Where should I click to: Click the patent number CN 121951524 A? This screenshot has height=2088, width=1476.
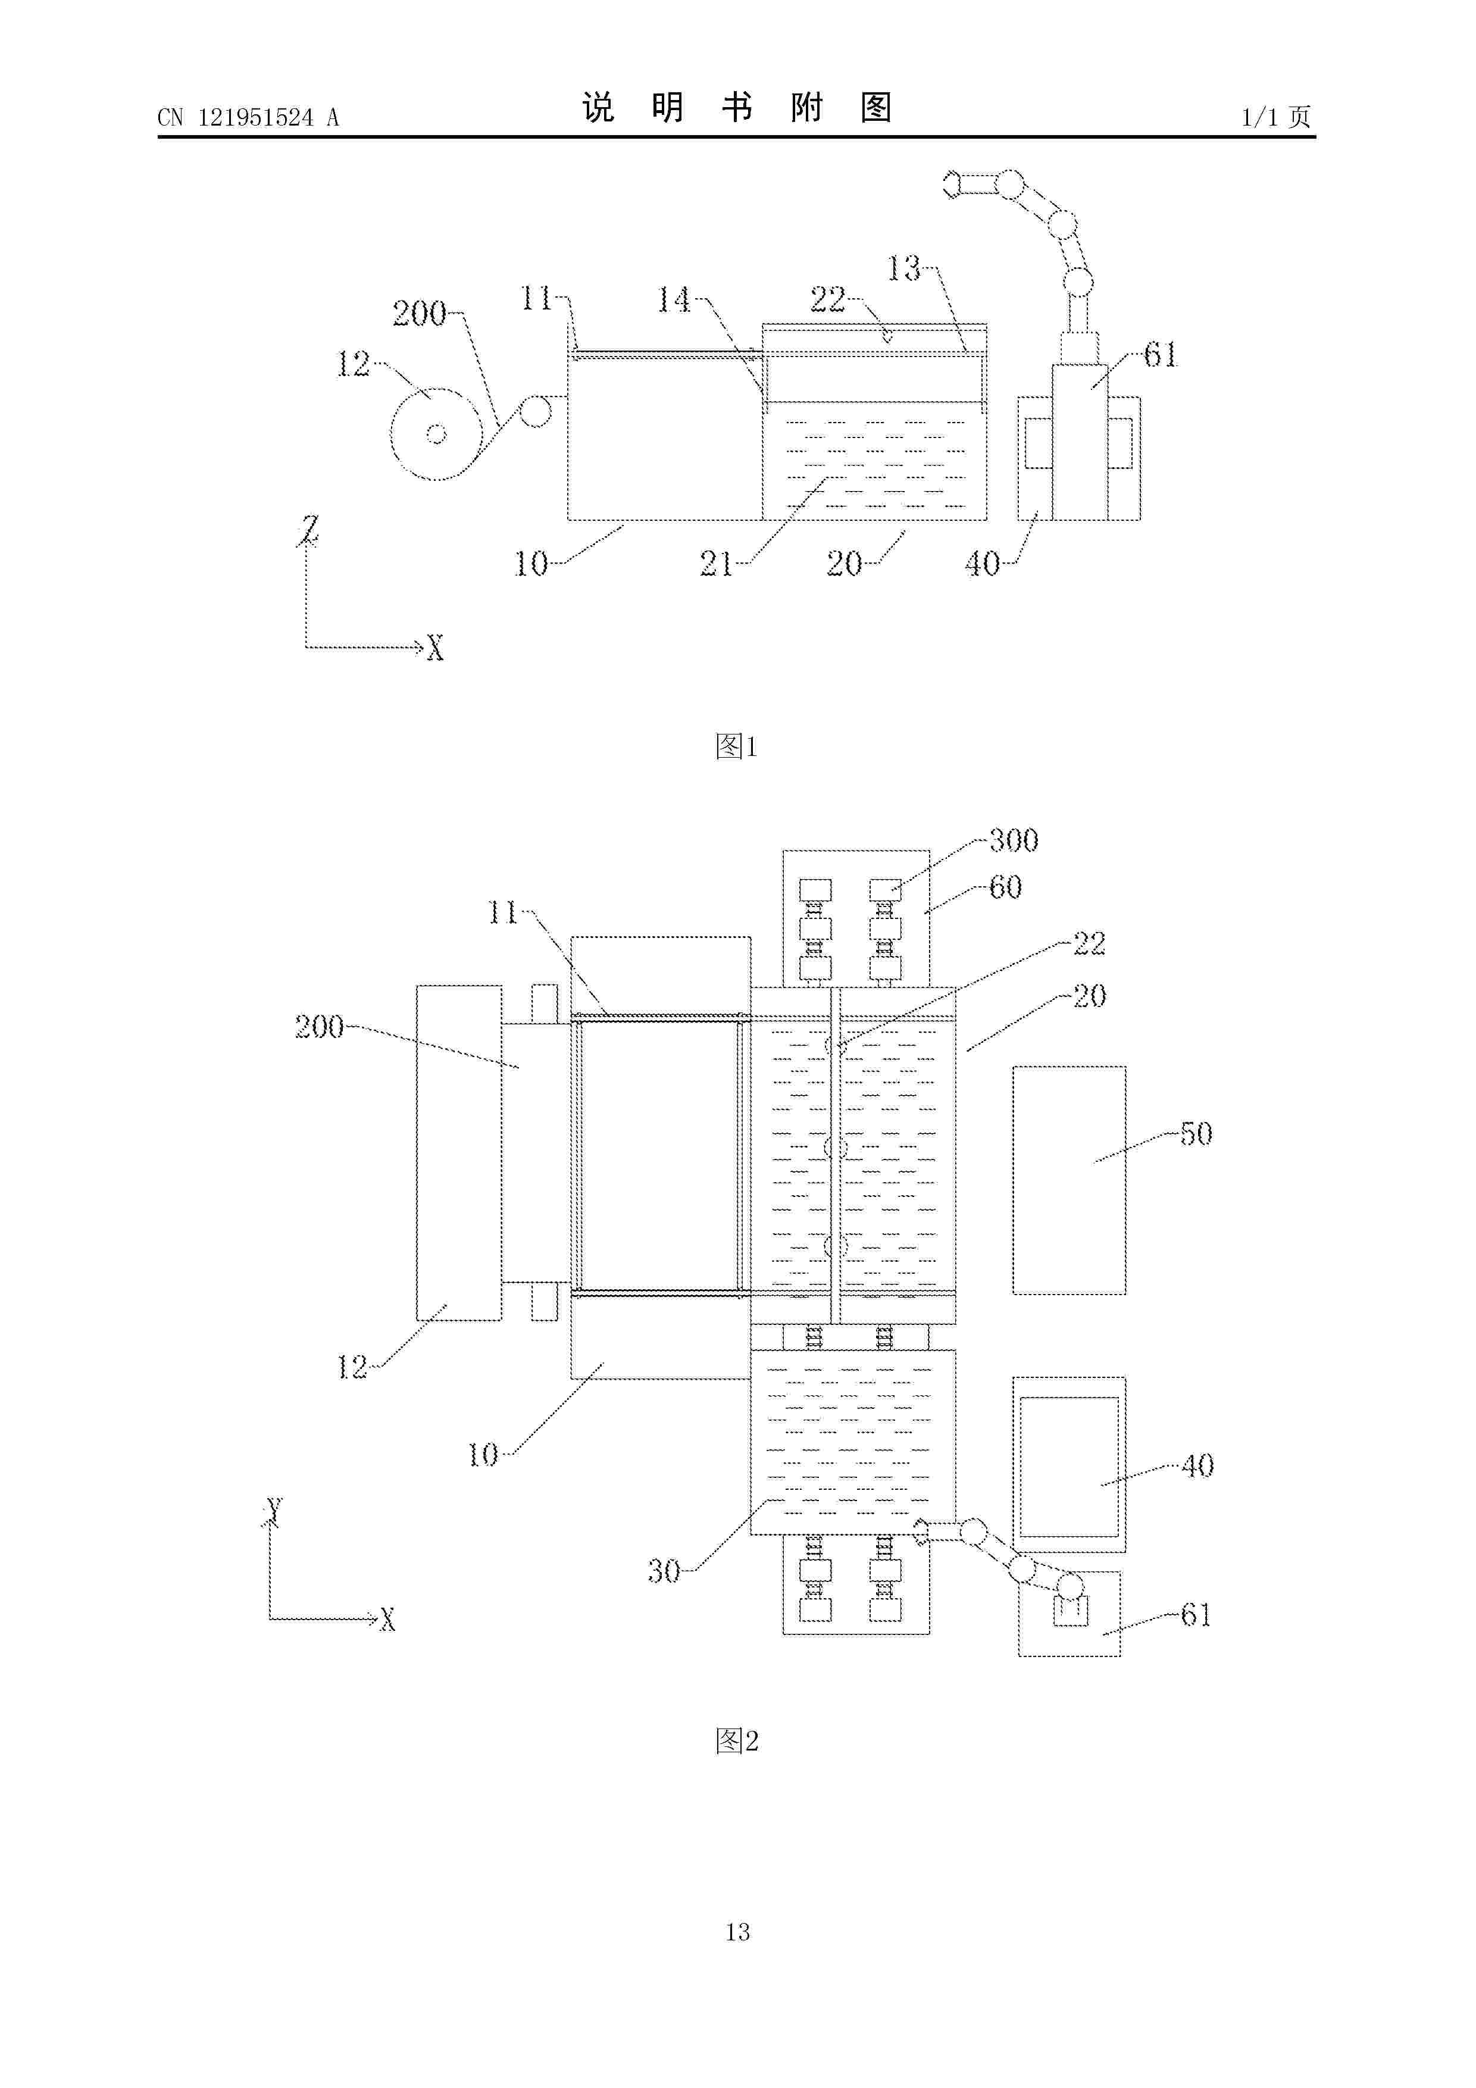248,117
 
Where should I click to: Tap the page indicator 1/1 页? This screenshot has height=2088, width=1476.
1277,117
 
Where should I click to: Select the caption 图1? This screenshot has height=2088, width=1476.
737,746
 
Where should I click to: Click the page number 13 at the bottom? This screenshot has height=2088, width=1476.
737,1931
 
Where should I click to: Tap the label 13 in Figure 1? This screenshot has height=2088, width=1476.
904,268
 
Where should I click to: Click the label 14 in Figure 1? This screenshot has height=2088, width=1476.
674,299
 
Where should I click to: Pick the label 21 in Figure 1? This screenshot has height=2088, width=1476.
716,564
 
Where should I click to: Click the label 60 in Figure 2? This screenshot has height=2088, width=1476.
1006,887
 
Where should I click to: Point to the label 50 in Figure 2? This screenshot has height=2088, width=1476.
1196,1134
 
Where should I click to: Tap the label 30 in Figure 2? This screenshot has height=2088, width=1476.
664,1571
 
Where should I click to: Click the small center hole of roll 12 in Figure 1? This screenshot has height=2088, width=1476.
436,435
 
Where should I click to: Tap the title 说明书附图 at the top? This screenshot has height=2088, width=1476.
737,108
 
